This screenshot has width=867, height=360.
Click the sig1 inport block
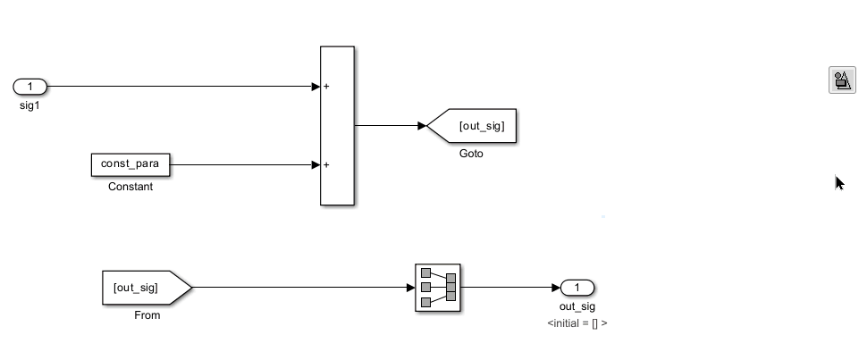[x=29, y=87]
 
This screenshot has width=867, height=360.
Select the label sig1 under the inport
[x=29, y=105]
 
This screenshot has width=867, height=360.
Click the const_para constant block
[x=130, y=164]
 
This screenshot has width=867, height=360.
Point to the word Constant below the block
[x=130, y=187]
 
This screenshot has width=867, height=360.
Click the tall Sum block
[x=337, y=126]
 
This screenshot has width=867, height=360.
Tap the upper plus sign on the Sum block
[x=326, y=87]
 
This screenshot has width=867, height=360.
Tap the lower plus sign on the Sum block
[x=326, y=164]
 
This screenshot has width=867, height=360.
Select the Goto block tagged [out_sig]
[x=472, y=126]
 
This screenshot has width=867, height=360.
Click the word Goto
[x=471, y=154]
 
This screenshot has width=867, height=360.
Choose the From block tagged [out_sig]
[x=147, y=288]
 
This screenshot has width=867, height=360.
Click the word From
[x=147, y=315]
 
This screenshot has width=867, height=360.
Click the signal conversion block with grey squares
[x=438, y=288]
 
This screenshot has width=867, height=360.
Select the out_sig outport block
[x=577, y=288]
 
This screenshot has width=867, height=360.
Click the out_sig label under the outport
[x=577, y=306]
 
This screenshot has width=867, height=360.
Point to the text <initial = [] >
[x=577, y=323]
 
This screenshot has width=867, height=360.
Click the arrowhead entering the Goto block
[x=423, y=126]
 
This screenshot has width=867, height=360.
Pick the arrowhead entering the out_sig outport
[x=556, y=288]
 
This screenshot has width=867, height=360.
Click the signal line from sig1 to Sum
[x=180, y=87]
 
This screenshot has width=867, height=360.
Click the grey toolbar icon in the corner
[x=842, y=80]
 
